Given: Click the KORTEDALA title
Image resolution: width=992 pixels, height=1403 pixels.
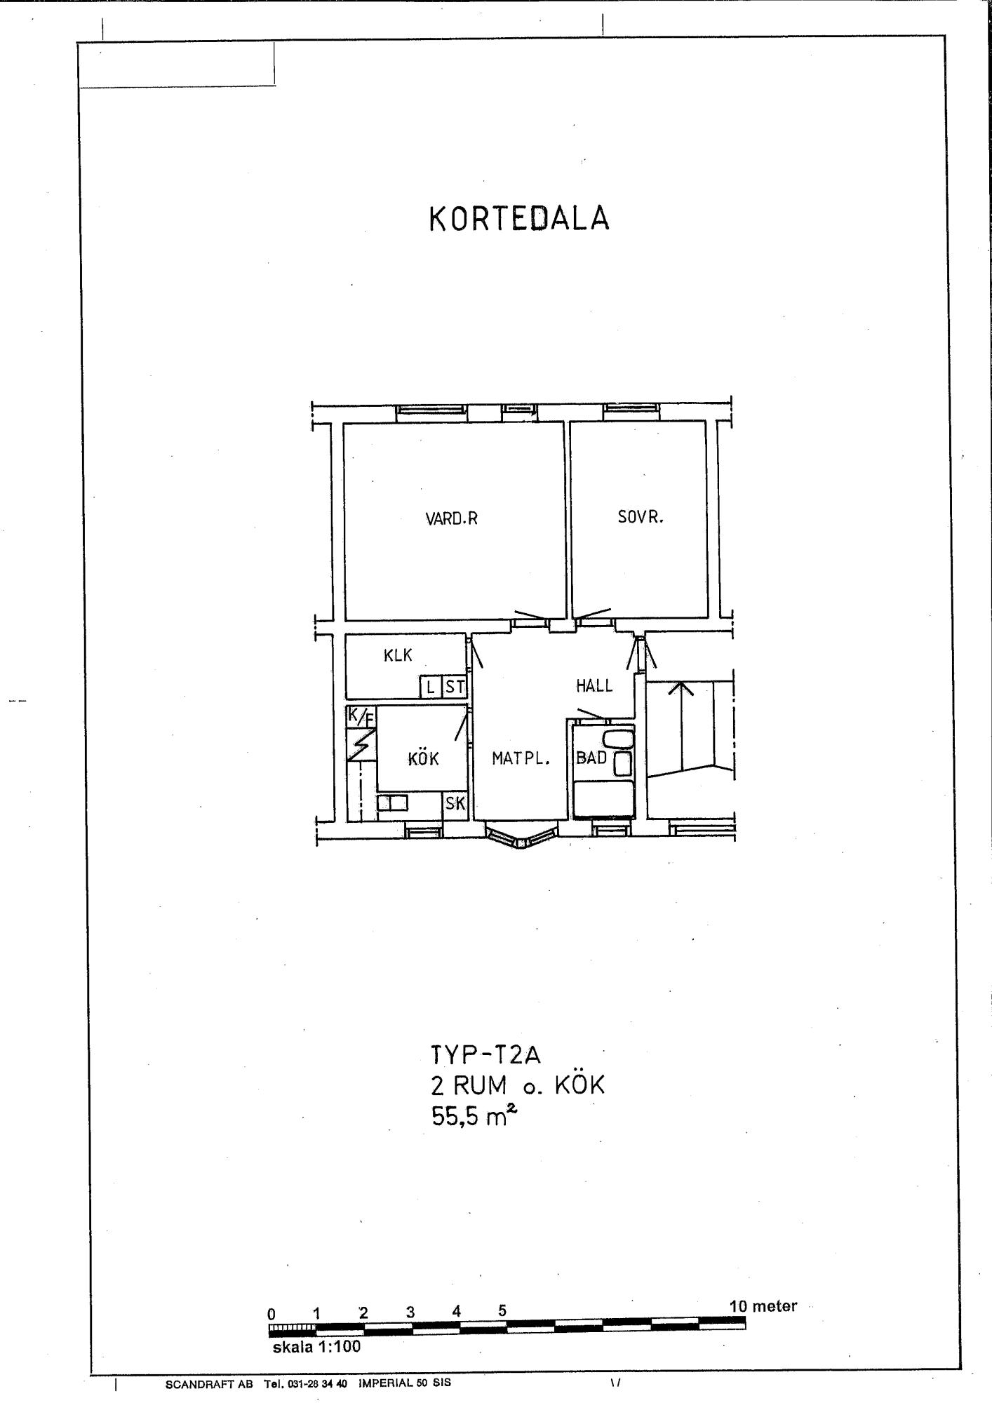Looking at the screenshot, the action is [519, 219].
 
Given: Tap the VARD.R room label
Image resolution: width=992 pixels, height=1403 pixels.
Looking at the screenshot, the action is [451, 519].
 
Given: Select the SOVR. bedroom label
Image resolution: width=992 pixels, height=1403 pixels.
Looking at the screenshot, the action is [641, 518].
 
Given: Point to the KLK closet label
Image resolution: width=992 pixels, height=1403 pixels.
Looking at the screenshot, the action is [398, 656].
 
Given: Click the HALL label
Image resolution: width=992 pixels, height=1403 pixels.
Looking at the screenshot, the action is [594, 686].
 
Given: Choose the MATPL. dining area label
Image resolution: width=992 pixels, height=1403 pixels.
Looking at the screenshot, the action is [521, 758].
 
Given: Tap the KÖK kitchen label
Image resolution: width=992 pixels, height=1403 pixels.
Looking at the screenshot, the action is [423, 758].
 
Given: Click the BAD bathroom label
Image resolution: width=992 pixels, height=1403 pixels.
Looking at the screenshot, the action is [591, 758].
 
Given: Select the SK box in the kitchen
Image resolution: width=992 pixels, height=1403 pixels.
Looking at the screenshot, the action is [455, 803].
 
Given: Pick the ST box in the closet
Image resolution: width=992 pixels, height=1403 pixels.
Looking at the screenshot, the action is [455, 687].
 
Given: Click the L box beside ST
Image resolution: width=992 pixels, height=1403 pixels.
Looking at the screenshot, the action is [431, 687].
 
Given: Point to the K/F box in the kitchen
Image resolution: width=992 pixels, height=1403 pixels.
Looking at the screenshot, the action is [361, 717].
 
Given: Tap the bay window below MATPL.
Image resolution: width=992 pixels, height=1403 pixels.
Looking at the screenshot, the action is [521, 836].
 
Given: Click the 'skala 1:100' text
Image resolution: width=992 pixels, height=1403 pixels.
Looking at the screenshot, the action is [316, 1346].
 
